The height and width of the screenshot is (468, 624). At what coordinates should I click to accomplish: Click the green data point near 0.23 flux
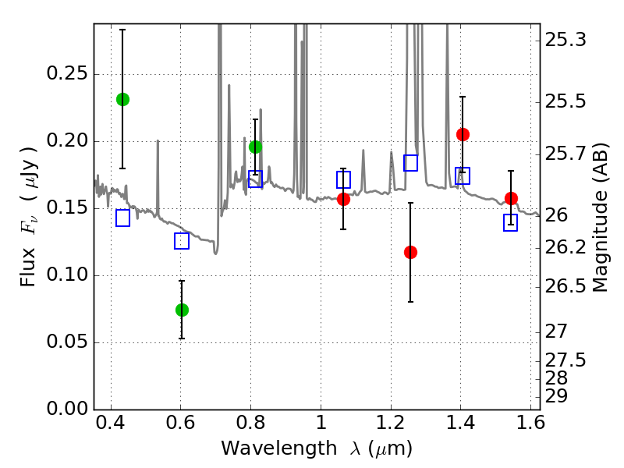[x=122, y=99]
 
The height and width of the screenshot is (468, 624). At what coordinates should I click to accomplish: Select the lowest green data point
[x=182, y=310]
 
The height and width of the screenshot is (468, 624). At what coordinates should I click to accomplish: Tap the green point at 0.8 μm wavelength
[x=255, y=147]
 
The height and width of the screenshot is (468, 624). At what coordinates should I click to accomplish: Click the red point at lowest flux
[x=410, y=252]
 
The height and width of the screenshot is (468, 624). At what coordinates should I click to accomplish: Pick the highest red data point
[x=463, y=134]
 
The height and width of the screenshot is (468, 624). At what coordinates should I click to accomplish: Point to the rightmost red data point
[x=511, y=198]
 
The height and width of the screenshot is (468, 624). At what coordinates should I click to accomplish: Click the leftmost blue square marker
[x=122, y=218]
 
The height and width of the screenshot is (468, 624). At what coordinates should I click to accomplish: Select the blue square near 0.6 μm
[x=182, y=241]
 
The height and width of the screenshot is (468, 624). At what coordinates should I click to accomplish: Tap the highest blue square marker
[x=410, y=162]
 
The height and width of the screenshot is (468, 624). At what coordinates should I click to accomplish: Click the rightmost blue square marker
[x=511, y=223]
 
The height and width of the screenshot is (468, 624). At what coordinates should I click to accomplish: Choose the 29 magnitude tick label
[x=558, y=396]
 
